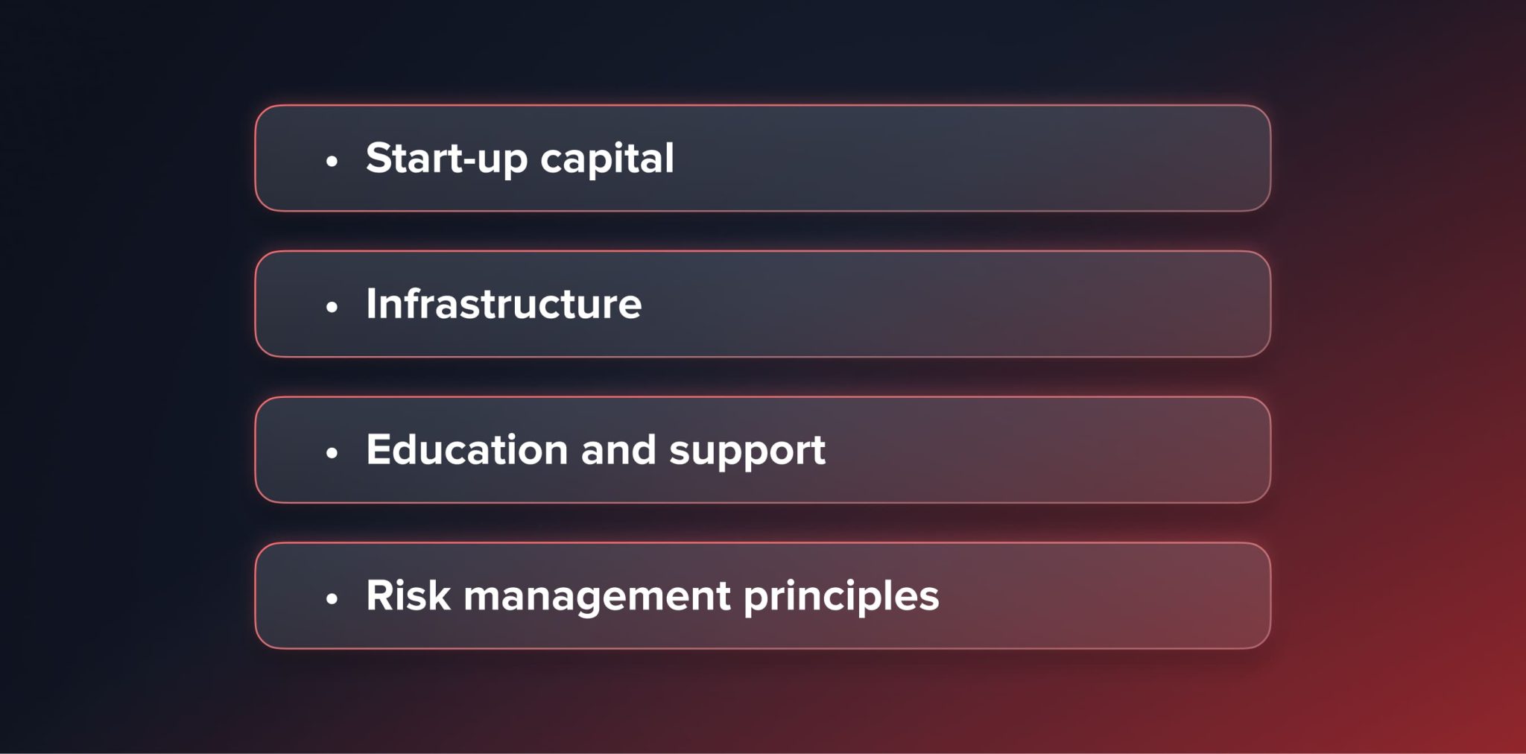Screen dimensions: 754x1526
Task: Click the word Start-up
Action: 446,159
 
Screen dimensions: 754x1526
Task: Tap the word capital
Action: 607,159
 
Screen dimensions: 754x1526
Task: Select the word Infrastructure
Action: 504,304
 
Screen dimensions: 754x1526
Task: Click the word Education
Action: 467,450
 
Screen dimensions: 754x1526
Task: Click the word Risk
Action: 408,595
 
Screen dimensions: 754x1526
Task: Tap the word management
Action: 597,597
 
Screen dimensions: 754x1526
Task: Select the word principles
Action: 841,597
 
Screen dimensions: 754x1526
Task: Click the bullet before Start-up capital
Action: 332,160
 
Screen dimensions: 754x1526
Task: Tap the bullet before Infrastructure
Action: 332,306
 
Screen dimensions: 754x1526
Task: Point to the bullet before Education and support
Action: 332,452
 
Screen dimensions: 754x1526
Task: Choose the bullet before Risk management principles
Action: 332,598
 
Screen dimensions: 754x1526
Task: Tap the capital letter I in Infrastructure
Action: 371,304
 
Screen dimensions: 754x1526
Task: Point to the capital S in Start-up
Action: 379,158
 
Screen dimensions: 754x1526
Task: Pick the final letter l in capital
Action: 670,157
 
